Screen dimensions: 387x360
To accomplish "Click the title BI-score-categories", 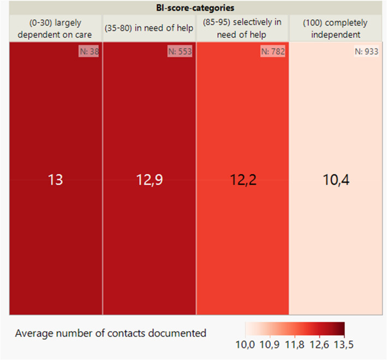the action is pos(195,8).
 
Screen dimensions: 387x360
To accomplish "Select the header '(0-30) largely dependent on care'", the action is pos(55,28).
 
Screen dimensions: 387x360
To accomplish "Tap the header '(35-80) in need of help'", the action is pos(149,28).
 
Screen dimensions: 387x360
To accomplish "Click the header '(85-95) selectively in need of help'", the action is pos(242,28).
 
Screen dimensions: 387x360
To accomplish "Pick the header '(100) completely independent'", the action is pos(335,28).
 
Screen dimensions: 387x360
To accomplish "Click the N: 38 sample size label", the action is pos(89,51).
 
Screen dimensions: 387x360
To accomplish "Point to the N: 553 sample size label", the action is pos(180,51).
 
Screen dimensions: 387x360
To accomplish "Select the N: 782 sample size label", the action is pos(273,51).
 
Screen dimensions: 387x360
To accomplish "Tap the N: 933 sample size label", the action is pos(366,51).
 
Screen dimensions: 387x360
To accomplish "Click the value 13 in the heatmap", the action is pos(55,180).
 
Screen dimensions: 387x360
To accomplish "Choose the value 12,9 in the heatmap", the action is pos(150,180).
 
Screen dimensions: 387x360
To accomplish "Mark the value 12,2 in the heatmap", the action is pos(243,180).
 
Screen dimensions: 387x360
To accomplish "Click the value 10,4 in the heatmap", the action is pos(336,180).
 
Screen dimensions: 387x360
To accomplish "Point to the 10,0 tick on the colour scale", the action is pos(245,345).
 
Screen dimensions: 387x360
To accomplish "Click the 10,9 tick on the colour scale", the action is pos(270,345).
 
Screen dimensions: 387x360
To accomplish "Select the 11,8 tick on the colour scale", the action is pos(295,345).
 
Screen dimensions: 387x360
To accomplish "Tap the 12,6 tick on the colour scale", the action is pos(319,345).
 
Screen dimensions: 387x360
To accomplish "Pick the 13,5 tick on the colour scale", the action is pos(344,345).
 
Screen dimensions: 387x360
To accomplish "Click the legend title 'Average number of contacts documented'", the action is pos(111,333).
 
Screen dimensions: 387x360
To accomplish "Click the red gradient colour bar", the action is pos(295,329).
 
